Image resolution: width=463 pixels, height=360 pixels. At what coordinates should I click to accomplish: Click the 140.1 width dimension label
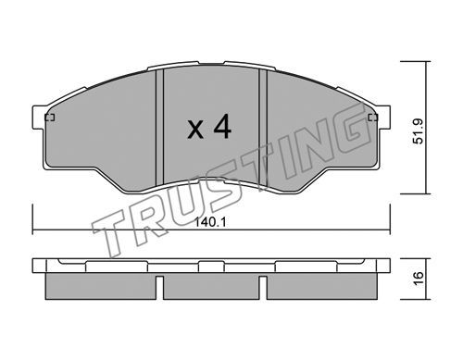pyautogui.click(x=210, y=222)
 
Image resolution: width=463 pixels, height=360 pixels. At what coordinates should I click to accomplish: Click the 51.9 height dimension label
pyautogui.click(x=419, y=131)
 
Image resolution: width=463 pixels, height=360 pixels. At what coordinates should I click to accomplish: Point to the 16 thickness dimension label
pyautogui.click(x=419, y=279)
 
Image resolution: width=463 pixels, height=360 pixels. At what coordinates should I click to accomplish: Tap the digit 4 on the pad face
pyautogui.click(x=222, y=126)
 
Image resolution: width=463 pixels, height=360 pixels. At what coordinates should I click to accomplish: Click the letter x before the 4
pyautogui.click(x=195, y=130)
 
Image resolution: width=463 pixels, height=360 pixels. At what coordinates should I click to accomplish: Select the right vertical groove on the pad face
pyautogui.click(x=263, y=129)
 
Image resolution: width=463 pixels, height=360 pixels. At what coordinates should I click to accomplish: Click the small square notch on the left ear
pyautogui.click(x=50, y=118)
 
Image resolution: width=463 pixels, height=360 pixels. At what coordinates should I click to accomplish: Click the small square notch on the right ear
pyautogui.click(x=373, y=118)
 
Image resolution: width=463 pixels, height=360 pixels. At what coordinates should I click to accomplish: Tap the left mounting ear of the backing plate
pyautogui.click(x=39, y=118)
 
